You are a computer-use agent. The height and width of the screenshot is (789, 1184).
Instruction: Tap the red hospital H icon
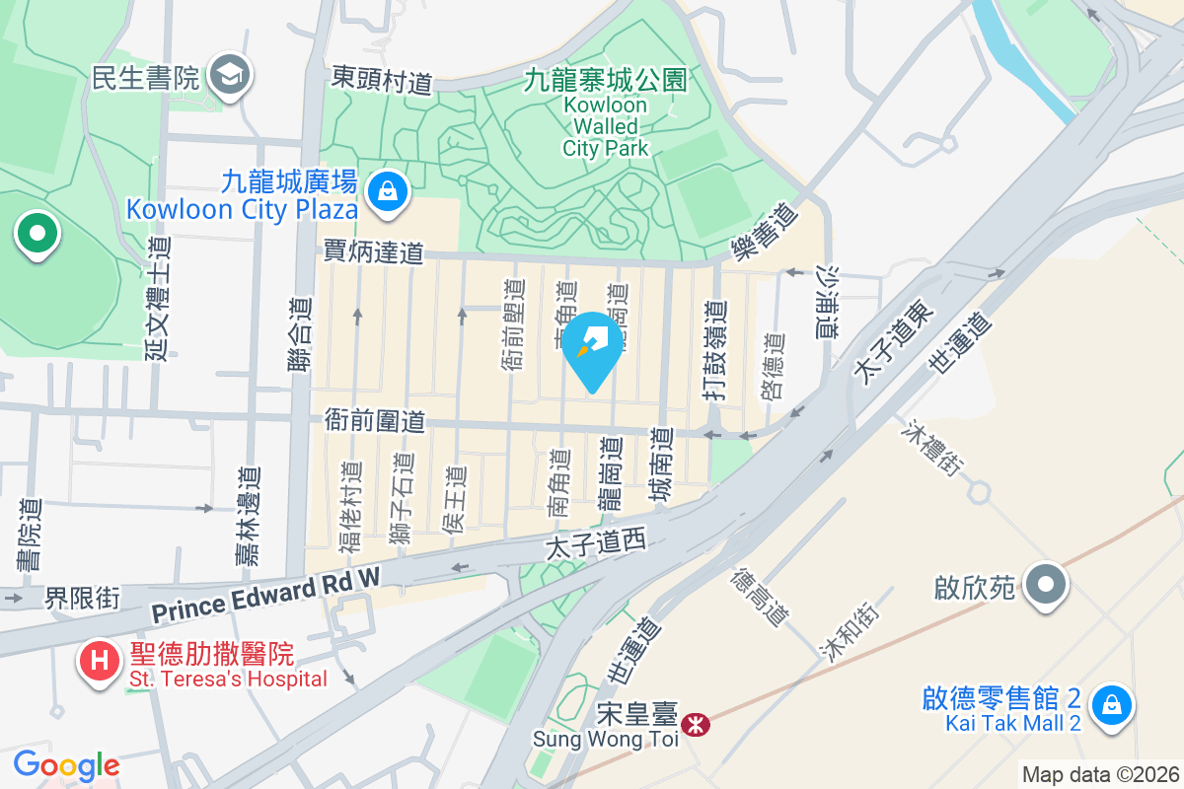point(100,659)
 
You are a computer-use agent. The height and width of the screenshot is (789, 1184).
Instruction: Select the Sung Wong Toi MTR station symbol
point(698,725)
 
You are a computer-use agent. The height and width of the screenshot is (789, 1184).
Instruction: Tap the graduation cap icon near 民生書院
point(232,74)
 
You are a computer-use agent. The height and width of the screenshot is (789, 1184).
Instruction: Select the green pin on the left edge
point(37,235)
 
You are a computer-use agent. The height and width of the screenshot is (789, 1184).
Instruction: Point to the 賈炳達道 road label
point(373,253)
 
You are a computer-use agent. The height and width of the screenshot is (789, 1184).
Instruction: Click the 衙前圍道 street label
point(374,421)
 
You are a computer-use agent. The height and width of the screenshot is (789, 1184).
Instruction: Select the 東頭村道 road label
point(382,79)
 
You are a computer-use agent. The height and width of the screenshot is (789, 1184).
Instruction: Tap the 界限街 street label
point(83,598)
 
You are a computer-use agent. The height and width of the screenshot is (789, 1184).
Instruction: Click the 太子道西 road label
point(595,540)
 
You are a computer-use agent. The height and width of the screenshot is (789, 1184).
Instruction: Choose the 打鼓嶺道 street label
point(717,350)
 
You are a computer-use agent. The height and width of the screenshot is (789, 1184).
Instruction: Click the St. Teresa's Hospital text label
point(228,679)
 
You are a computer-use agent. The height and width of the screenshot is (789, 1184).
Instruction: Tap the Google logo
point(66,764)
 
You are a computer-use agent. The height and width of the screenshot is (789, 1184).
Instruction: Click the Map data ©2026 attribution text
point(1100,774)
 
